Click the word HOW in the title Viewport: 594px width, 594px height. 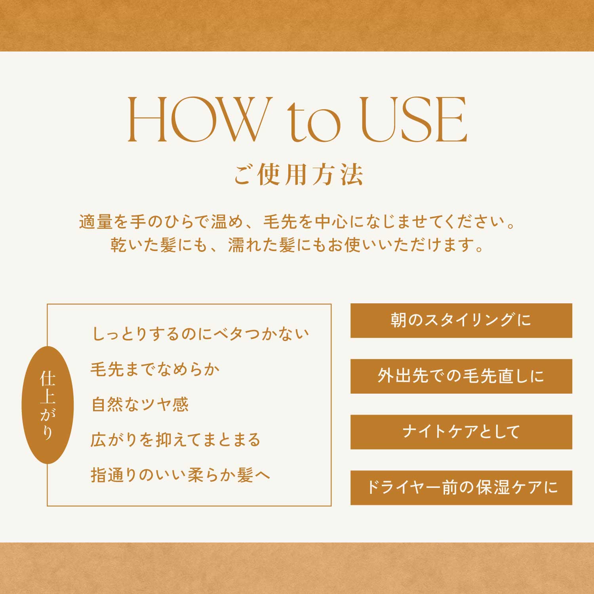pos(196,119)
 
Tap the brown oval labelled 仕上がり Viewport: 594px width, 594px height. pos(48,405)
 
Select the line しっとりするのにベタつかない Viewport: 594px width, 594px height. pos(200,334)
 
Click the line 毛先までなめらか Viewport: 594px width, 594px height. pos(155,369)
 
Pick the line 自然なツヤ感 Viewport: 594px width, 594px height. pos(140,404)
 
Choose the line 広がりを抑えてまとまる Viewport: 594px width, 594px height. pos(175,440)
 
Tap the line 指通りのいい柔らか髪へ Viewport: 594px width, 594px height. pos(181,475)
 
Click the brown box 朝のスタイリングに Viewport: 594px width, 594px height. pos(461,320)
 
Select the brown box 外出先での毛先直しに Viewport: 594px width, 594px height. pos(461,376)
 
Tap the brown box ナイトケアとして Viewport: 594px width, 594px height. pos(461,432)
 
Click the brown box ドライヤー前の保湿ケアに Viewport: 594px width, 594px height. pos(461,488)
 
